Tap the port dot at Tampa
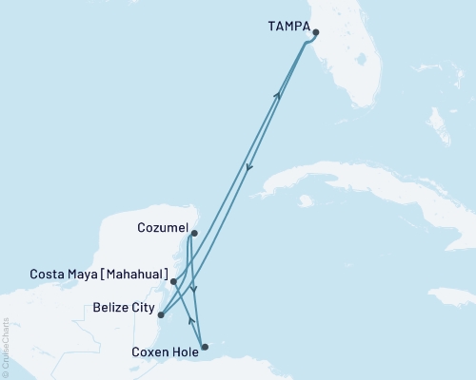point(315,33)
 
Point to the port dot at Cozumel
point(194,233)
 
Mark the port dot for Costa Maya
point(173,282)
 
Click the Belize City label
point(124,309)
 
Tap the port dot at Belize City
point(161,314)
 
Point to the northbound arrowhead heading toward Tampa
point(278,96)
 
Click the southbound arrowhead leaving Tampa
point(248,169)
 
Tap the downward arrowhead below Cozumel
point(194,290)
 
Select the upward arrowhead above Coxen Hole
point(191,320)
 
